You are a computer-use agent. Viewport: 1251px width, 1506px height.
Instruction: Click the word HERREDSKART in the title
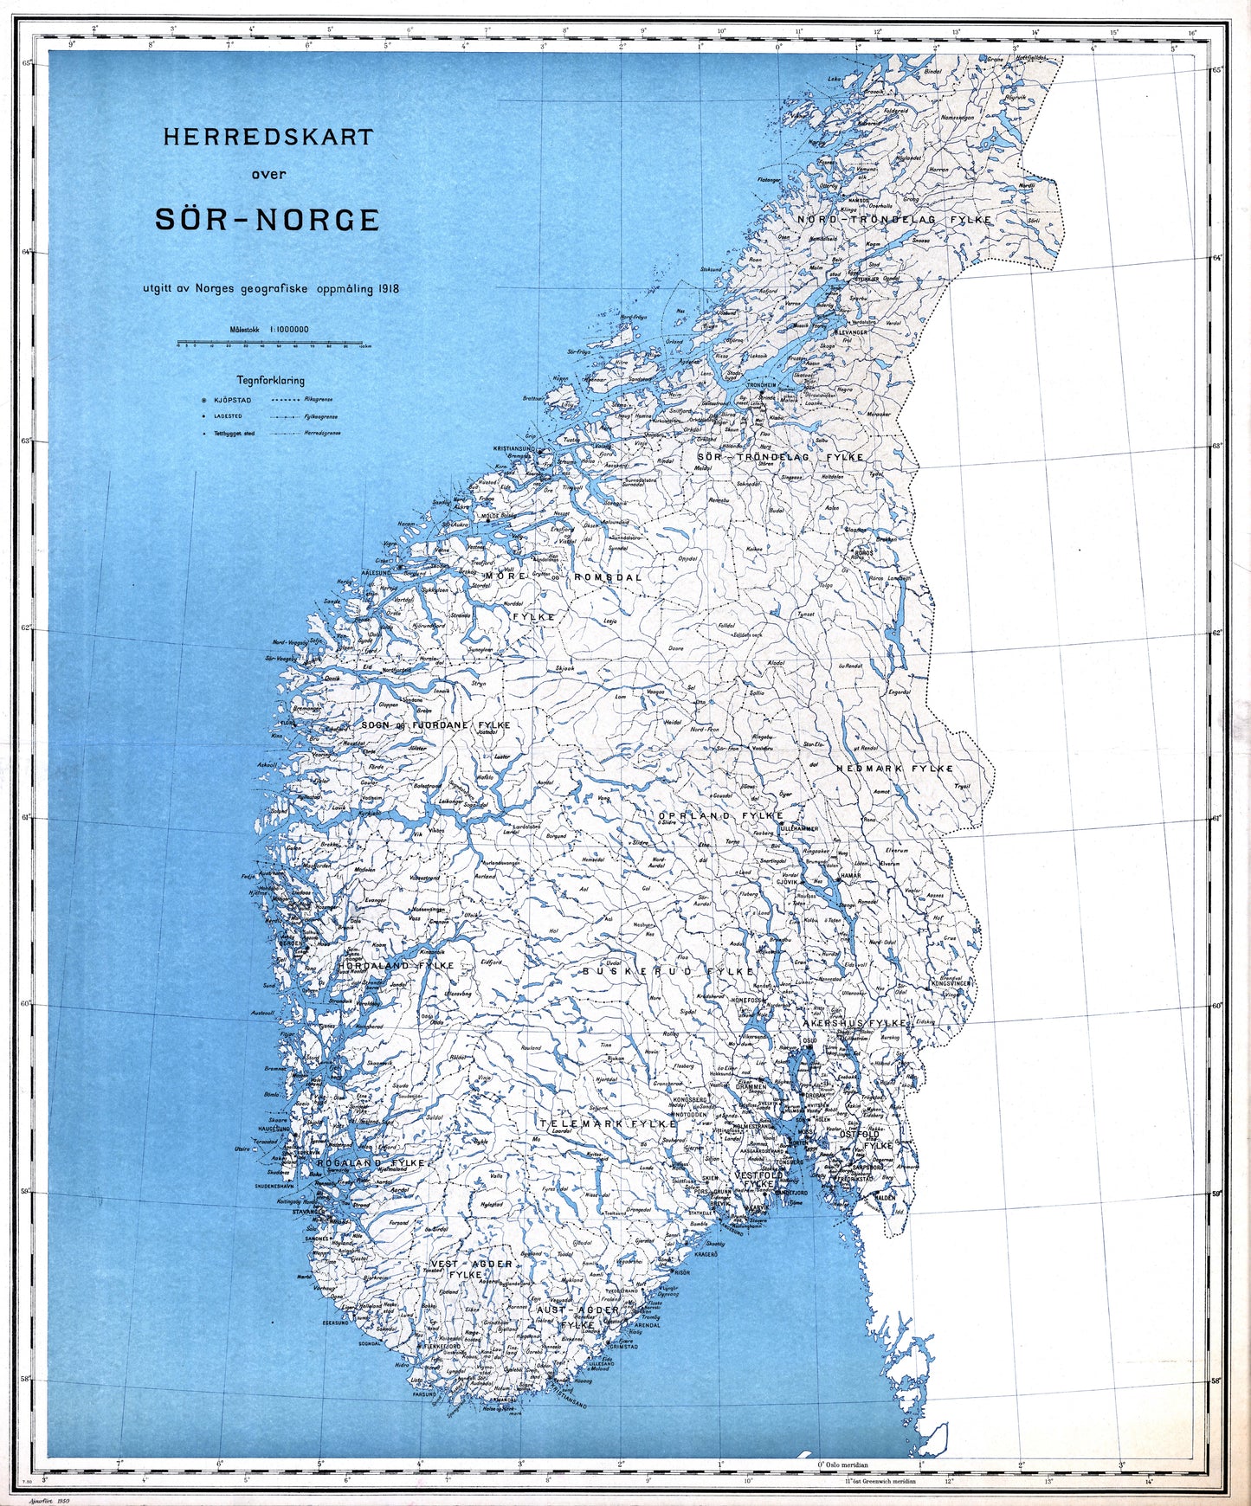point(268,137)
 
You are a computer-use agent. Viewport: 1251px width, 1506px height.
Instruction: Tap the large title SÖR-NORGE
point(267,220)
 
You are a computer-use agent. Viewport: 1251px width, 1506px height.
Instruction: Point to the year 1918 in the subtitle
point(389,289)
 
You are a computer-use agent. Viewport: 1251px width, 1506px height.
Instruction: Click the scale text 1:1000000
point(289,329)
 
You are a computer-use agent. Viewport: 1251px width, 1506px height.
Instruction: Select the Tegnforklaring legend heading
point(270,380)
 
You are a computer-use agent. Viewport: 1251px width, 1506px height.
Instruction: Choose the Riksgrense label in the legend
point(319,400)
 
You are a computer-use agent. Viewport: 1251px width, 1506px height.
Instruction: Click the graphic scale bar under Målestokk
point(269,343)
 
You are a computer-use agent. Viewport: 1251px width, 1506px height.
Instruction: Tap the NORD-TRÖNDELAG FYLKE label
point(895,221)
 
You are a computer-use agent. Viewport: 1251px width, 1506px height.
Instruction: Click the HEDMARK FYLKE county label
point(894,769)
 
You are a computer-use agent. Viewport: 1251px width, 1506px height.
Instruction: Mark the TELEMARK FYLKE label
point(607,1123)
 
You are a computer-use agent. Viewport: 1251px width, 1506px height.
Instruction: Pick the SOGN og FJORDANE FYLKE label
point(435,725)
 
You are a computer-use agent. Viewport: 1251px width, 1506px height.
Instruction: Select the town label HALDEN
point(884,1197)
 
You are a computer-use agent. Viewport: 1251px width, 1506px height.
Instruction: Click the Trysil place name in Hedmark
point(962,786)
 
